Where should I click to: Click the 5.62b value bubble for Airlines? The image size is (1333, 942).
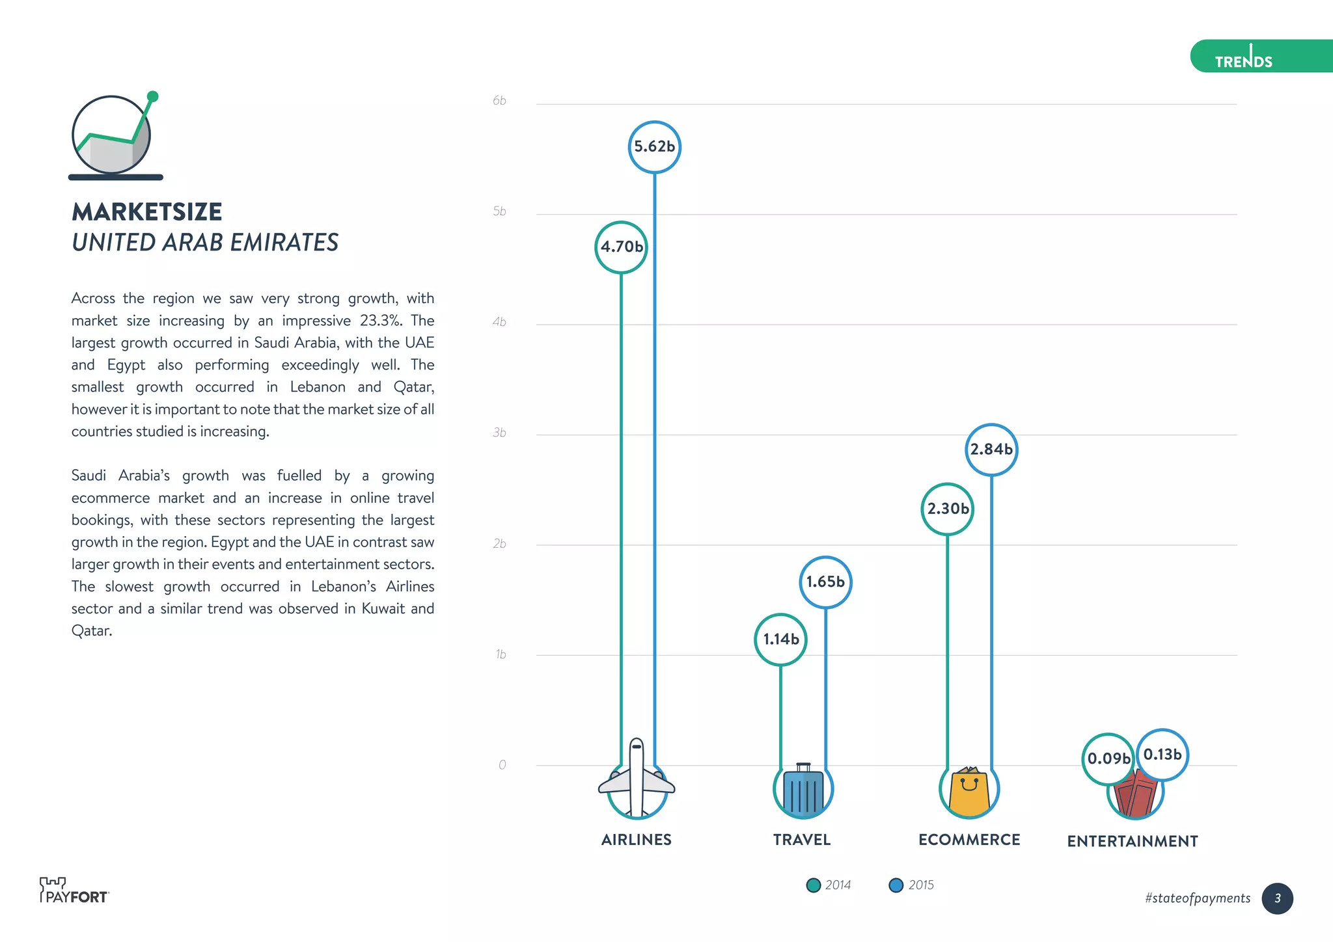point(654,147)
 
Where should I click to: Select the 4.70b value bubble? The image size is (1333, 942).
point(621,247)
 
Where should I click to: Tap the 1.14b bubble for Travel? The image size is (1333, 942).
point(780,639)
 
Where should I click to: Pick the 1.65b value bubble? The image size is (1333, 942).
point(825,582)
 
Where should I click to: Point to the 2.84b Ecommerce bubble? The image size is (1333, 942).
point(991,450)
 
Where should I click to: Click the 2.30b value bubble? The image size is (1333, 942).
point(947,509)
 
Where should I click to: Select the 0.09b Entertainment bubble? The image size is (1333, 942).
point(1108,759)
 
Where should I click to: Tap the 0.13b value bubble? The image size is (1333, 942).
point(1162,755)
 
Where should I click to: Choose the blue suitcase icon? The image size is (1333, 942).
point(803,790)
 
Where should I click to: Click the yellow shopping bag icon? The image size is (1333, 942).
point(969,790)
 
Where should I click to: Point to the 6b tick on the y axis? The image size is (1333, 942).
point(499,101)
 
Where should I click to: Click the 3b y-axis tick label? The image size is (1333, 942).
point(499,433)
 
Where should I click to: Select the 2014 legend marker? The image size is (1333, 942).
point(813,885)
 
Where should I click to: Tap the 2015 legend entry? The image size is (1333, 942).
point(911,885)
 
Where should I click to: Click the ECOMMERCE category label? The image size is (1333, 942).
point(969,840)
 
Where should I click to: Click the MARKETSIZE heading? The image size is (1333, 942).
point(147,212)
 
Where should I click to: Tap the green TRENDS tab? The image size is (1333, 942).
point(1259,57)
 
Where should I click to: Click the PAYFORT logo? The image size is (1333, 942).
point(74,891)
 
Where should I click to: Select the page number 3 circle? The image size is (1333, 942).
point(1277,898)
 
